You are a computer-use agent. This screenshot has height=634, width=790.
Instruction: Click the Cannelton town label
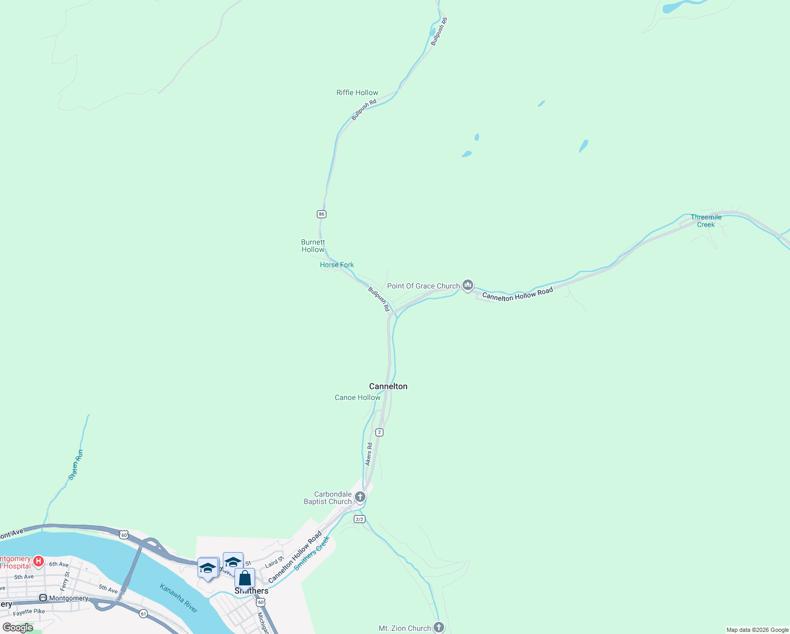pyautogui.click(x=388, y=386)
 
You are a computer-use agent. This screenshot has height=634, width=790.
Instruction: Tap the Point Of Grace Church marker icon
pyautogui.click(x=467, y=285)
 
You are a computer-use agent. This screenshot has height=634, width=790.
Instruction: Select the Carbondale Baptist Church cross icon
pyautogui.click(x=360, y=497)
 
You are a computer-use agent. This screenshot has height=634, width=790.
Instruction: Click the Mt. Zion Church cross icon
pyautogui.click(x=439, y=627)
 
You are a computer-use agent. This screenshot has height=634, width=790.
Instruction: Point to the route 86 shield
pyautogui.click(x=322, y=214)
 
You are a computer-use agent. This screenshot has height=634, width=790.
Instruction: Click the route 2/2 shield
pyautogui.click(x=360, y=519)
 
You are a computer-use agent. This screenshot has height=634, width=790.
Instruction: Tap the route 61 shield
pyautogui.click(x=143, y=613)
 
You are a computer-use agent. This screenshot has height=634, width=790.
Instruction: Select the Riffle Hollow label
pyautogui.click(x=357, y=92)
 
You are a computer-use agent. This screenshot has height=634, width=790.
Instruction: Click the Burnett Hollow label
pyautogui.click(x=313, y=246)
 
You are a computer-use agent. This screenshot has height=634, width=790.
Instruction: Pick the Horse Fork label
pyautogui.click(x=337, y=265)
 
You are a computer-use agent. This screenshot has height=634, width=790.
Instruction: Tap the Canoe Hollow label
pyautogui.click(x=358, y=397)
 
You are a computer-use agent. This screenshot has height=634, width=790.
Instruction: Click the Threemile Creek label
pyautogui.click(x=706, y=221)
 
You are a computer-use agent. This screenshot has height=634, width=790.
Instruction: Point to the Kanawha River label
pyautogui.click(x=179, y=598)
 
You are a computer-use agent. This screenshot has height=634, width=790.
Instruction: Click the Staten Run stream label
pyautogui.click(x=76, y=465)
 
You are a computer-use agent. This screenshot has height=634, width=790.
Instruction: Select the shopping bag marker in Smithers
pyautogui.click(x=244, y=579)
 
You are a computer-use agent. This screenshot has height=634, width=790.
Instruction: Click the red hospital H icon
pyautogui.click(x=39, y=561)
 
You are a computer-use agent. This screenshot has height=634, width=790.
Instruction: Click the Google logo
pyautogui.click(x=18, y=628)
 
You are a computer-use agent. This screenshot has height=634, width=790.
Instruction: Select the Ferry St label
pyautogui.click(x=65, y=582)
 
